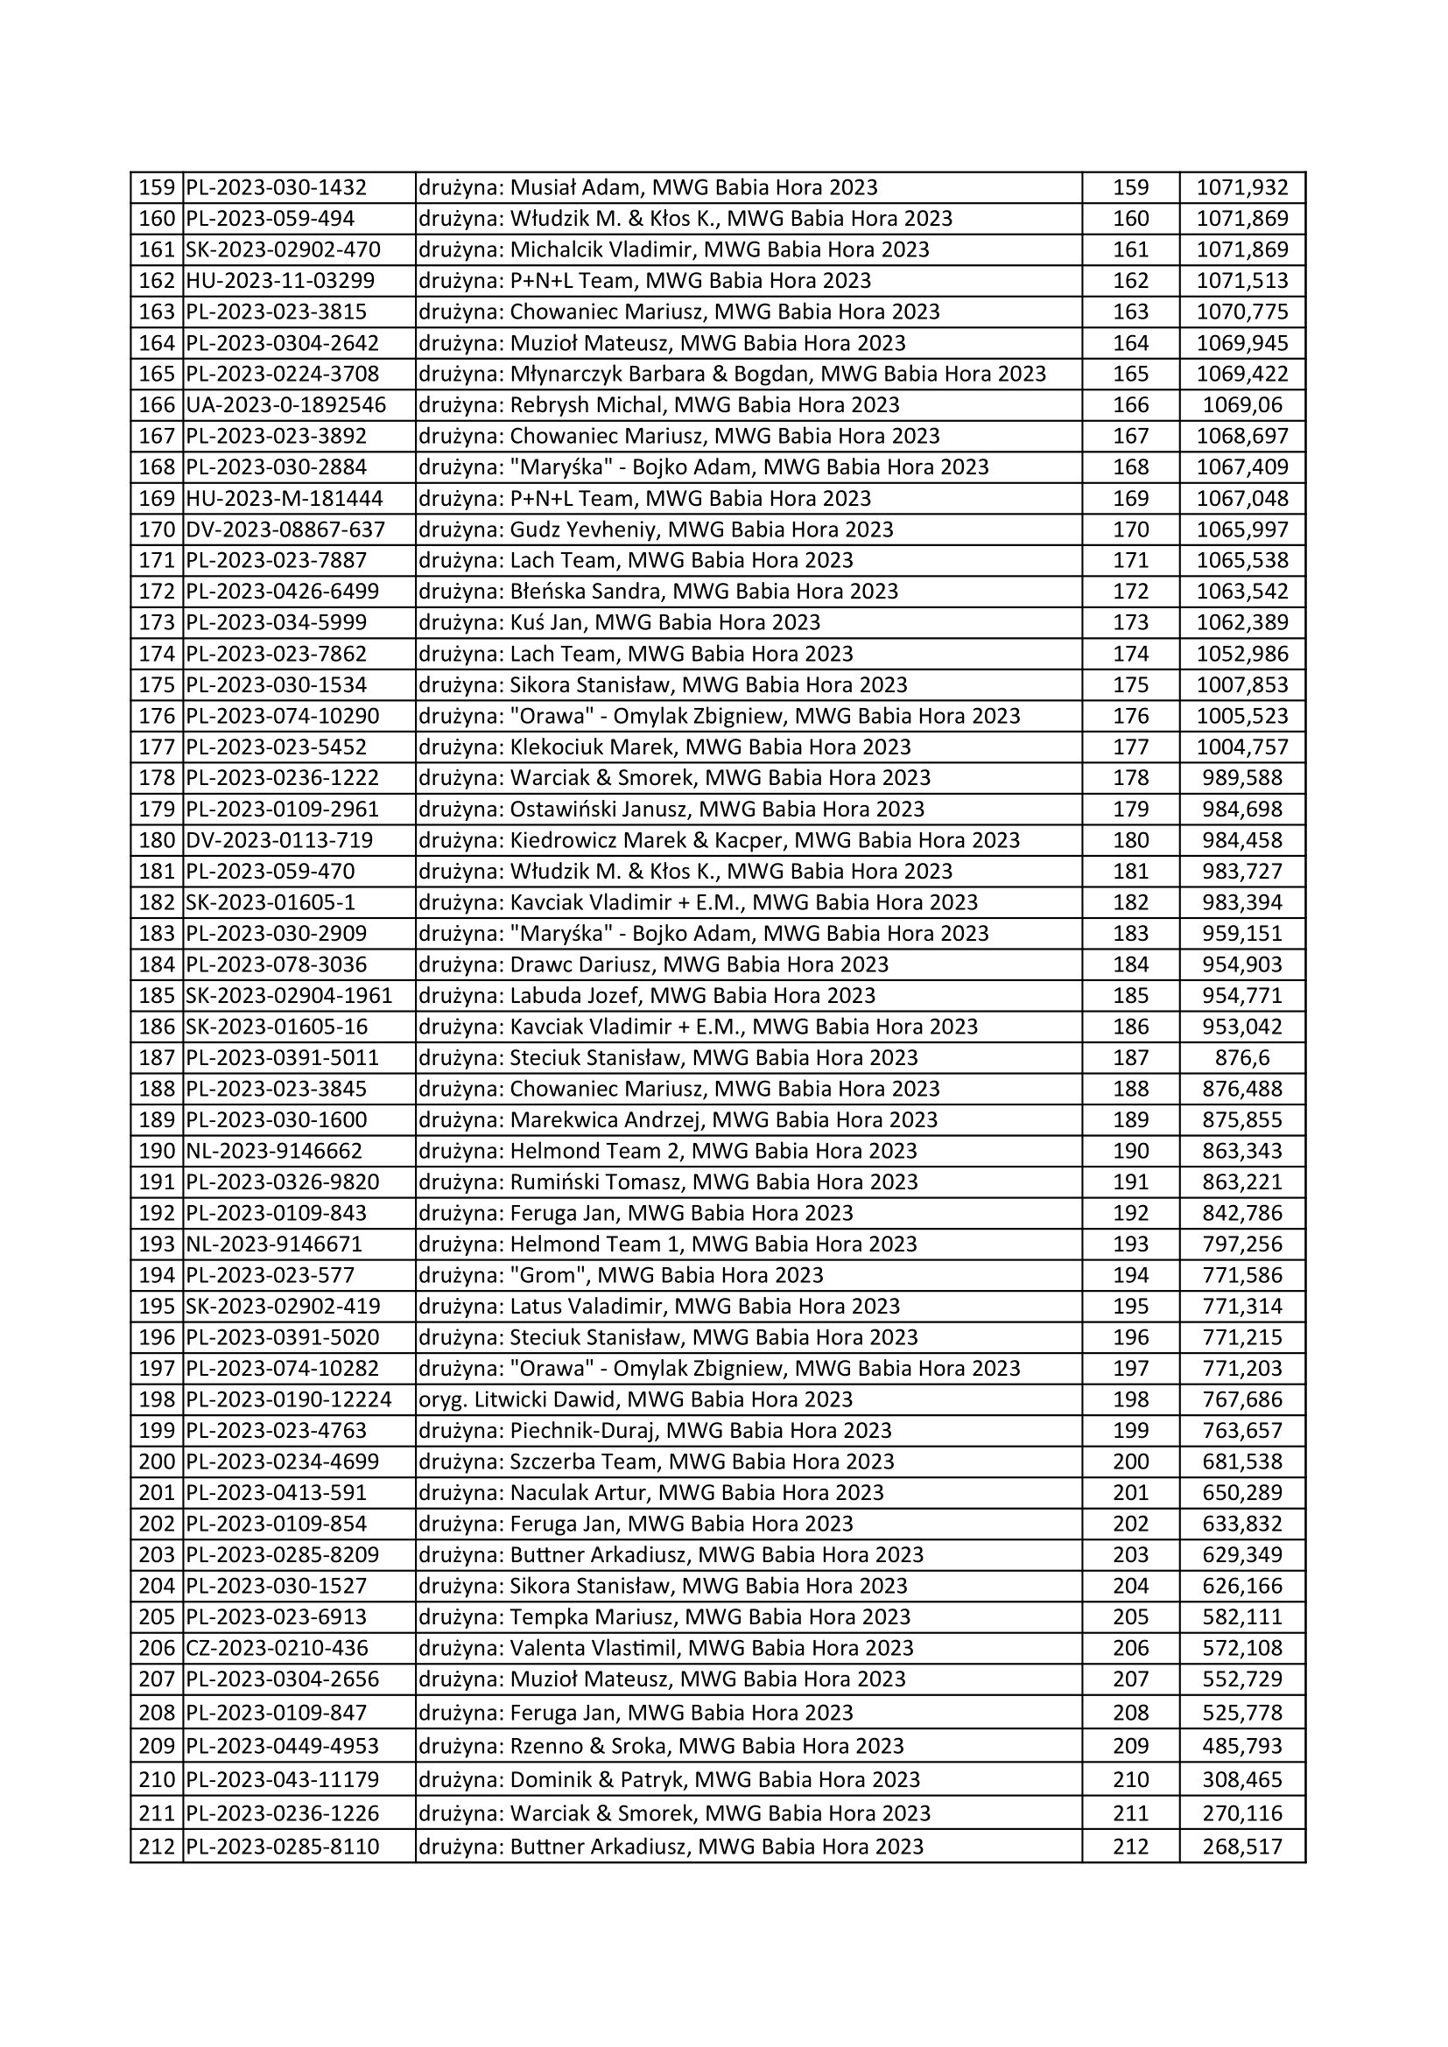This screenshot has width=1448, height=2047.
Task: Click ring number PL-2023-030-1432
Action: pyautogui.click(x=277, y=187)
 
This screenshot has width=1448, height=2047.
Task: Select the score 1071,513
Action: pyautogui.click(x=1242, y=281)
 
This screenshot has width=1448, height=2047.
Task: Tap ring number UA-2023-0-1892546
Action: pyautogui.click(x=286, y=405)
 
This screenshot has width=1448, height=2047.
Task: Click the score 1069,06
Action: pyautogui.click(x=1242, y=405)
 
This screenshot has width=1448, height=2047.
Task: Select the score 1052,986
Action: pyautogui.click(x=1242, y=654)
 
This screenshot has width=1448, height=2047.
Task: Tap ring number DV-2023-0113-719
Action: pyautogui.click(x=280, y=840)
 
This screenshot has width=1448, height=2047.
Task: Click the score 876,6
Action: pyautogui.click(x=1242, y=1057)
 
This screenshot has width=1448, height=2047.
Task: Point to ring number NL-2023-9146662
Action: pyautogui.click(x=275, y=1150)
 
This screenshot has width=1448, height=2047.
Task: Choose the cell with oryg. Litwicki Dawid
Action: pyautogui.click(x=636, y=1399)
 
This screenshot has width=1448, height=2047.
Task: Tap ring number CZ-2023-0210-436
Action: pyautogui.click(x=278, y=1648)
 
